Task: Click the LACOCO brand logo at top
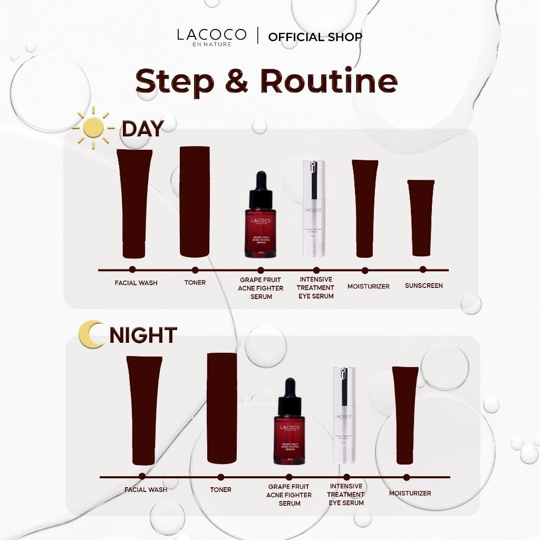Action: click(x=211, y=36)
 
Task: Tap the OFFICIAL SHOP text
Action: click(x=315, y=37)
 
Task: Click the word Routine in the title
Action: click(x=329, y=81)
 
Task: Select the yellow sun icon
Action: click(x=93, y=128)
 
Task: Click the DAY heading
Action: click(x=143, y=128)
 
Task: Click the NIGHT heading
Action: click(x=143, y=335)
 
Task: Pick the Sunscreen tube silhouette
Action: click(x=421, y=217)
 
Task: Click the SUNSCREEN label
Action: click(x=423, y=286)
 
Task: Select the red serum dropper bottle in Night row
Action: click(x=289, y=422)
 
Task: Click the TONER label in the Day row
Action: click(x=195, y=283)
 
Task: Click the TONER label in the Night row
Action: click(x=220, y=489)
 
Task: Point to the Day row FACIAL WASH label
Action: click(x=136, y=283)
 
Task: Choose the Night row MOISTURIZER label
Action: click(x=410, y=493)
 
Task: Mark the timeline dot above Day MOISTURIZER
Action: click(x=365, y=270)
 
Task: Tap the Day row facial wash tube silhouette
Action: click(x=134, y=203)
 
